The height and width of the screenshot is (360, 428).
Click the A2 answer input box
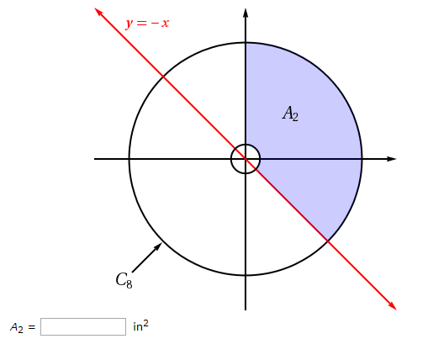click(x=82, y=326)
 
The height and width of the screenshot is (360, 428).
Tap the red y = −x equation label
click(x=147, y=23)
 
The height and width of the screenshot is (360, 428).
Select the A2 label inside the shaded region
click(x=290, y=114)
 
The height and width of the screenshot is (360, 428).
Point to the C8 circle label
click(x=124, y=280)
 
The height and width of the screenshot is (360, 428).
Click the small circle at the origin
click(x=246, y=158)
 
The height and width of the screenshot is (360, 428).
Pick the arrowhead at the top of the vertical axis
click(x=246, y=13)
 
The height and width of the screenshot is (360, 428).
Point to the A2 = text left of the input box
click(x=23, y=327)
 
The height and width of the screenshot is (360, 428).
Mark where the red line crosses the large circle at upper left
click(x=163, y=76)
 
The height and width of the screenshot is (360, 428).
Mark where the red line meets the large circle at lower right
click(x=328, y=241)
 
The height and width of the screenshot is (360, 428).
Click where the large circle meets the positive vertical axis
click(x=246, y=42)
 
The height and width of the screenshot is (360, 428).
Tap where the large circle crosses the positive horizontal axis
click(x=362, y=158)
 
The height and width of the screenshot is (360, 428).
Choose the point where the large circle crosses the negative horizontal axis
click(x=129, y=158)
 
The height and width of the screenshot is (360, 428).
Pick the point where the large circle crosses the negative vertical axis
click(x=246, y=275)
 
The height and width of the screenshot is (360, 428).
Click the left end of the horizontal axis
click(x=95, y=158)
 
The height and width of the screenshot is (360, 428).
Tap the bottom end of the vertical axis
click(x=246, y=309)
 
